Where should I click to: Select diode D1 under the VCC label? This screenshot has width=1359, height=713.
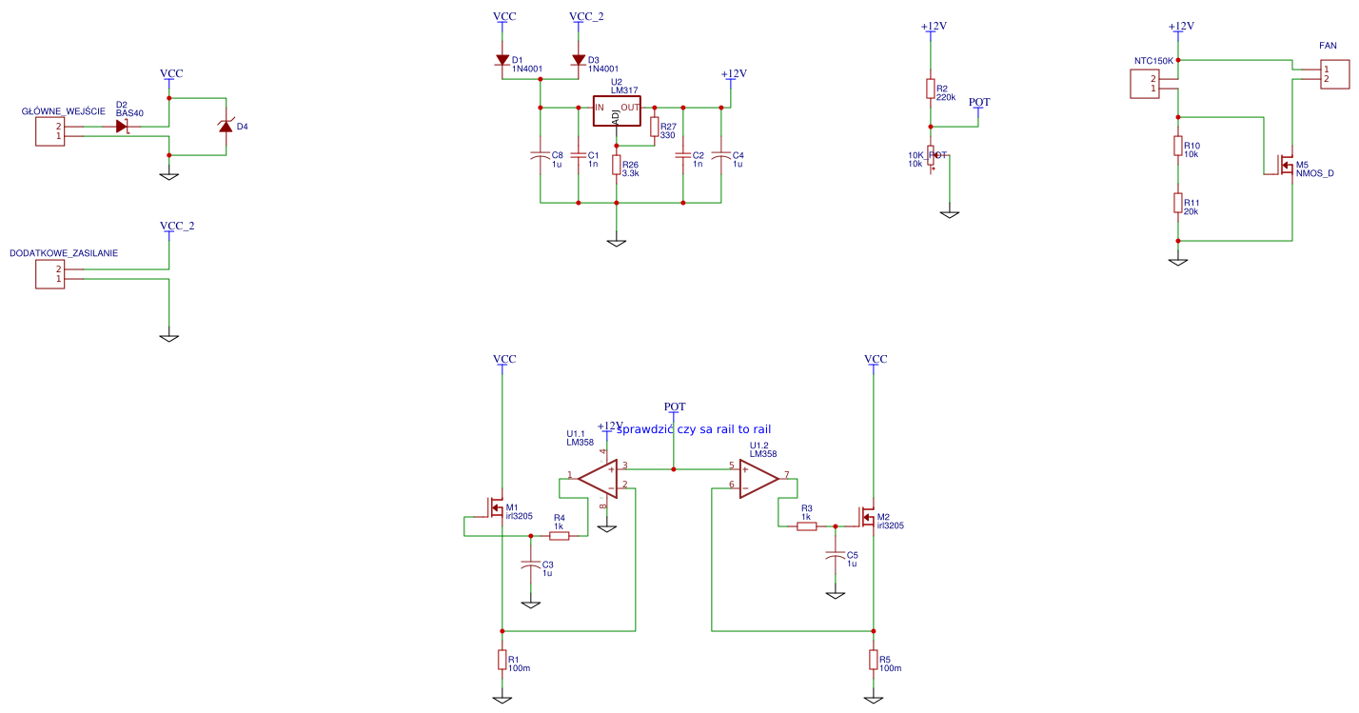[502, 60]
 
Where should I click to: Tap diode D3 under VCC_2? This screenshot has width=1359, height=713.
[579, 60]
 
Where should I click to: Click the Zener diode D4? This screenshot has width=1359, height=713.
[226, 126]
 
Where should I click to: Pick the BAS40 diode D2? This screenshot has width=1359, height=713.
[122, 126]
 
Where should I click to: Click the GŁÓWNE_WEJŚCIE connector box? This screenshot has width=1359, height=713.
[49, 131]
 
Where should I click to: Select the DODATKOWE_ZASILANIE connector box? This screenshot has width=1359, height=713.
[49, 274]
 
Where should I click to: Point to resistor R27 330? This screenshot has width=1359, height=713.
[655, 128]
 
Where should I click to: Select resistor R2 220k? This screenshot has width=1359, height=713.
[931, 89]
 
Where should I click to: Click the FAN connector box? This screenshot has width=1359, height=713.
[1335, 74]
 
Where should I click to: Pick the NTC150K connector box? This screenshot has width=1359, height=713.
[1145, 84]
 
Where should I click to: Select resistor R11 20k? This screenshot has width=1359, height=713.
[1178, 204]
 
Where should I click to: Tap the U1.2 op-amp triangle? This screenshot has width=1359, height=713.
[758, 478]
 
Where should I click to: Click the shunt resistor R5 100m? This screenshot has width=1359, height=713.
[874, 660]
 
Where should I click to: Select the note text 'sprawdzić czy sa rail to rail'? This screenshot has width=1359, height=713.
[693, 429]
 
